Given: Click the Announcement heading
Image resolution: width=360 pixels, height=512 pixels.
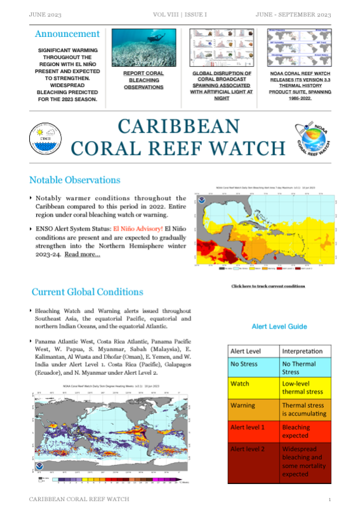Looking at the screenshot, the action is [x=67, y=34].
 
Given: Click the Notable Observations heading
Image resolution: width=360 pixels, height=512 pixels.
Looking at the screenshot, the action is [x=74, y=180].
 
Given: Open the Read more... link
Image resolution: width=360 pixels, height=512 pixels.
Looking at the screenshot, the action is [x=82, y=254].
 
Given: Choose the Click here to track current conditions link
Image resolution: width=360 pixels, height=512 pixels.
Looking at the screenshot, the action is [x=268, y=286].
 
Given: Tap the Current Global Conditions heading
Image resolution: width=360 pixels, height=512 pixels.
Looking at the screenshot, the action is [x=87, y=292].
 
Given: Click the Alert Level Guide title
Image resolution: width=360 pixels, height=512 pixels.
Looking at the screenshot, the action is [x=279, y=327].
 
